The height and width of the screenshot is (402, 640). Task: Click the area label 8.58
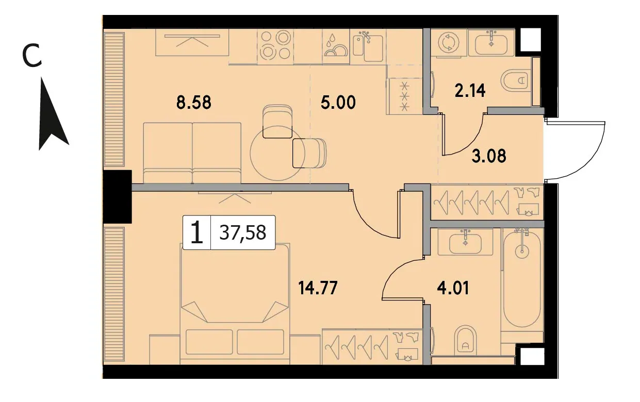pos(194,103)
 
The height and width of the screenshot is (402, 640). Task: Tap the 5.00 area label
pos(338,103)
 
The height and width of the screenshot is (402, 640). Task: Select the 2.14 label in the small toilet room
pos(470,91)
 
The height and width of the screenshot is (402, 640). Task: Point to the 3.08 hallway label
pos(489,156)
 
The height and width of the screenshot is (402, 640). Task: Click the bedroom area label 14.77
pos(318,288)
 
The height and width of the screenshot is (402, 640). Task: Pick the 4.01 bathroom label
pos(453,288)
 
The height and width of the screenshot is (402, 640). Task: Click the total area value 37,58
pos(243,232)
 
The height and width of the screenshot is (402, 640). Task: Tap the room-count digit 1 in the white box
pos(197,232)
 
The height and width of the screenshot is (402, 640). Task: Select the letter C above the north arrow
pos(32,56)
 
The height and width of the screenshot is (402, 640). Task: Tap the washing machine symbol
pos(449,43)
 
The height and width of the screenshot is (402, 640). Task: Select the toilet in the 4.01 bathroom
pos(465,340)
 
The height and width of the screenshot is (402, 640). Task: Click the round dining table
pos(277,153)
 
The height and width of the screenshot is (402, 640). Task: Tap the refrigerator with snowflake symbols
pos(404,96)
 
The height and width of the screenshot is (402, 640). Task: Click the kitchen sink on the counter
pos(368,47)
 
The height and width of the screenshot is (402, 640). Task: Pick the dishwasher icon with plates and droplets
pos(336,47)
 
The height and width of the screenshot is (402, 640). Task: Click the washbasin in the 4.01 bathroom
pos(465,242)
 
